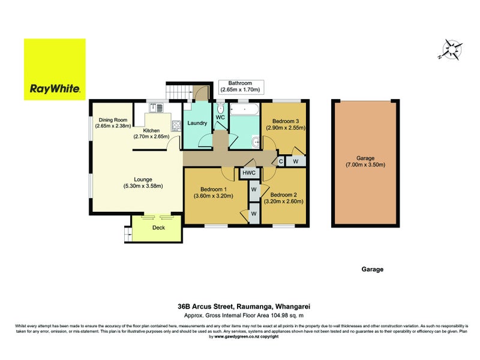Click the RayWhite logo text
click(x=55, y=91)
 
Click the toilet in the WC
click(x=221, y=109)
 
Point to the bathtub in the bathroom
click(x=245, y=110)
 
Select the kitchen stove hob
click(x=178, y=126)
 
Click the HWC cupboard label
click(x=248, y=173)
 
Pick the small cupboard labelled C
click(x=280, y=161)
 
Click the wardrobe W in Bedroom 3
click(x=295, y=161)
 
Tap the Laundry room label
click(x=197, y=124)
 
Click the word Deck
click(x=158, y=228)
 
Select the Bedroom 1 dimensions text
click(x=214, y=196)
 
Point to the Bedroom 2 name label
click(x=284, y=194)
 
